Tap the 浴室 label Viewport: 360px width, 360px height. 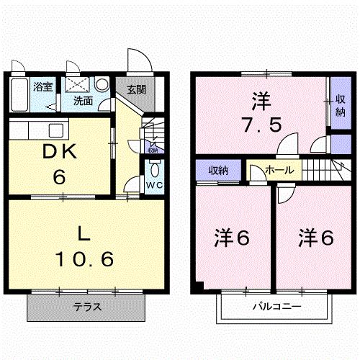click(x=43, y=88)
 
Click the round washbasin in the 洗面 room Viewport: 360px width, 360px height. click(x=102, y=83)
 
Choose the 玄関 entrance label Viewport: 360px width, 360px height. click(x=137, y=90)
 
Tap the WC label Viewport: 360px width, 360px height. click(x=154, y=184)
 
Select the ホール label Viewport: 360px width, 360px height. click(x=279, y=171)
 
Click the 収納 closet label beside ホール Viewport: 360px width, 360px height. click(x=218, y=171)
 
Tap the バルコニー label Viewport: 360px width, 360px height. click(x=276, y=307)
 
